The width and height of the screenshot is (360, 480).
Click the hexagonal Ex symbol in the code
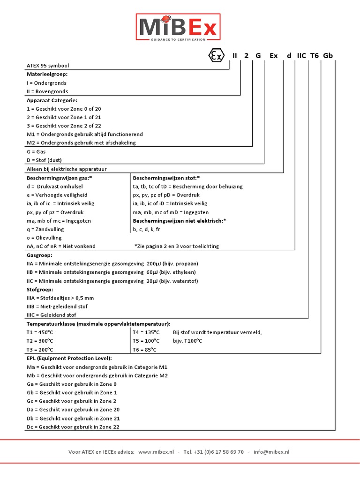(x=216, y=56)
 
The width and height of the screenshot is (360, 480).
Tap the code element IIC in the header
(x=301, y=56)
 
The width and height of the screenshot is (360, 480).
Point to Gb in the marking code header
(x=328, y=56)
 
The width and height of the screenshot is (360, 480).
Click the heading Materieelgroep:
(x=47, y=74)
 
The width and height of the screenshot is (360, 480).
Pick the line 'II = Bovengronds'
(x=47, y=91)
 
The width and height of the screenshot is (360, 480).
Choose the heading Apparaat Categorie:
(x=52, y=100)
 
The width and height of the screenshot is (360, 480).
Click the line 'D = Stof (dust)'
(x=47, y=160)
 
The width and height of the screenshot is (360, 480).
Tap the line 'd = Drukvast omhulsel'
(x=58, y=186)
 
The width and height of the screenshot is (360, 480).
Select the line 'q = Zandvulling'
(x=45, y=229)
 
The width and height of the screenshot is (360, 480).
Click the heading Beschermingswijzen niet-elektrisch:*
(x=180, y=220)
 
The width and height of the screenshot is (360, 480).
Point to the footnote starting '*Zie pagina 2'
(x=176, y=246)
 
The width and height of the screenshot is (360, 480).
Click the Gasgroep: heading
(x=40, y=255)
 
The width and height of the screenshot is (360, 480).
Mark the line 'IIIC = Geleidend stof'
(x=52, y=315)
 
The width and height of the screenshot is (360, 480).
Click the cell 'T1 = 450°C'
(x=40, y=332)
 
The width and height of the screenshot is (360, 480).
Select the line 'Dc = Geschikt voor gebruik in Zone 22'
(x=73, y=427)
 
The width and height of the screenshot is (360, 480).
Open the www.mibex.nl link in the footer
(x=156, y=452)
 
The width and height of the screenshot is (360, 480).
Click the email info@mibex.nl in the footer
(x=271, y=452)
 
